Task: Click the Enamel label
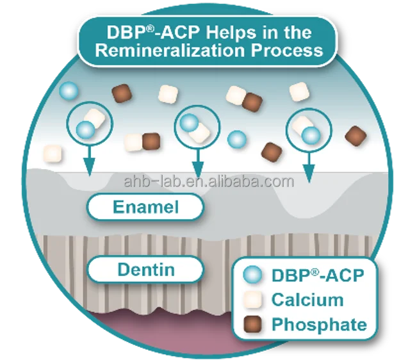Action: pyautogui.click(x=145, y=208)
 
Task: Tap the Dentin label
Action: pyautogui.click(x=145, y=269)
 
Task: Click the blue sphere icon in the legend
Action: pyautogui.click(x=253, y=275)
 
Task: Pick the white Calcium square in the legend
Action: pyautogui.click(x=253, y=299)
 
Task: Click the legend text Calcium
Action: pyautogui.click(x=307, y=300)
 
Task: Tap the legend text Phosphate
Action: pyautogui.click(x=319, y=324)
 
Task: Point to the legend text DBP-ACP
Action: pyautogui.click(x=318, y=275)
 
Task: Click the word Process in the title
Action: pyautogui.click(x=287, y=51)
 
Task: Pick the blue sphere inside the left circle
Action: pyautogui.click(x=85, y=130)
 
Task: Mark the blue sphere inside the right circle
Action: pyautogui.click(x=311, y=135)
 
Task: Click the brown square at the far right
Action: pyautogui.click(x=356, y=136)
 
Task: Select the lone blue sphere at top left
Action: pyautogui.click(x=69, y=90)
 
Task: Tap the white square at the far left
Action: pyautogui.click(x=53, y=154)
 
